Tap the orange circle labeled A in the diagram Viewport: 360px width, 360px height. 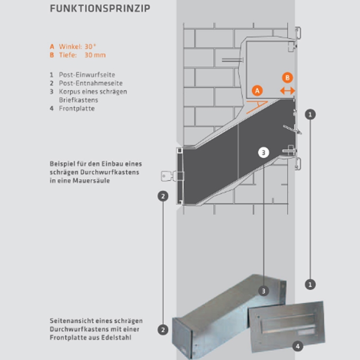tap(257, 90)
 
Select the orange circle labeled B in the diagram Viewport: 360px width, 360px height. tap(288, 77)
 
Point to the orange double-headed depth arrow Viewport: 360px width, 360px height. tap(288, 90)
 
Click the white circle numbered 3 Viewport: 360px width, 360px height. tap(263, 153)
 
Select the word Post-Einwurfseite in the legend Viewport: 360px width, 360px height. tap(84, 74)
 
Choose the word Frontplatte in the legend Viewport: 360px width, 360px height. tap(77, 108)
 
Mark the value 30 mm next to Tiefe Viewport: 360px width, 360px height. tap(95, 55)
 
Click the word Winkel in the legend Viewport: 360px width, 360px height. tap(69, 46)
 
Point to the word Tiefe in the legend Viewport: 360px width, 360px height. tap(67, 55)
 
